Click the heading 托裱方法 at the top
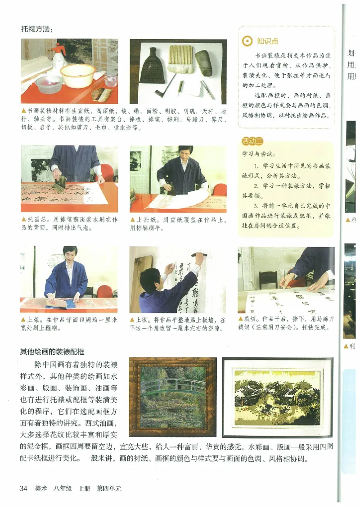click(36, 30)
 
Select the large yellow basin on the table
click(78, 75)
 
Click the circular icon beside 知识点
click(247, 41)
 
